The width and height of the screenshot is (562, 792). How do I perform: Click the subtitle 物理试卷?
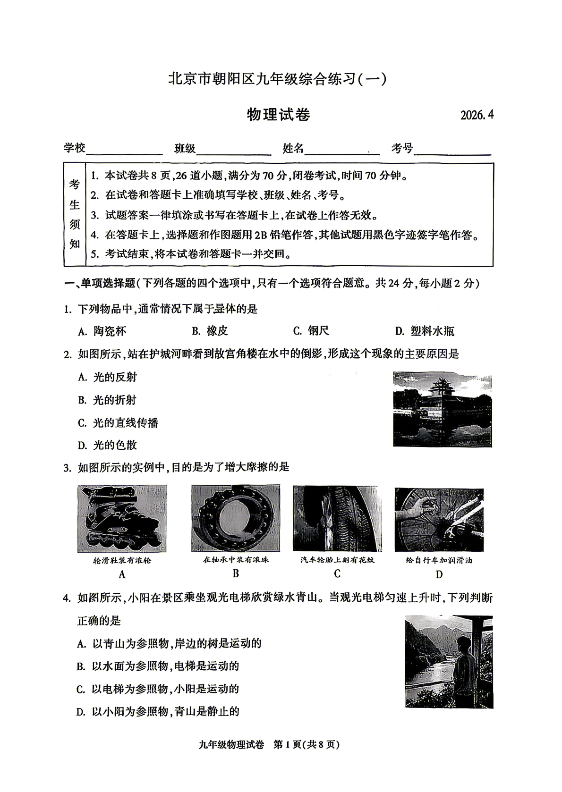[x=279, y=115]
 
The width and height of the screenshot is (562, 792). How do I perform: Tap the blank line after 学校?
[x=125, y=150]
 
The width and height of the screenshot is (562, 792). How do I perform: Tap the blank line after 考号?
[x=452, y=150]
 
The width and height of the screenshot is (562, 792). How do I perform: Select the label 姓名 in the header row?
[x=293, y=149]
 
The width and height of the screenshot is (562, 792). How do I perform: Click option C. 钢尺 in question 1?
[x=311, y=331]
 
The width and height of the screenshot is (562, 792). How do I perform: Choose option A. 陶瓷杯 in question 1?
[x=102, y=331]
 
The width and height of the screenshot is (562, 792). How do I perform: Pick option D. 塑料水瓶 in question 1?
[x=424, y=331]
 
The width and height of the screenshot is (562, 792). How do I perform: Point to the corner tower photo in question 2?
[x=442, y=409]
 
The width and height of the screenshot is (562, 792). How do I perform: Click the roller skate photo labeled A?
[x=122, y=518]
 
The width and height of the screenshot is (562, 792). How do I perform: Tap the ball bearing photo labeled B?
[x=235, y=518]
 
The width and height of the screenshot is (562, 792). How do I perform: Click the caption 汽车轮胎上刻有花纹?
[x=337, y=560]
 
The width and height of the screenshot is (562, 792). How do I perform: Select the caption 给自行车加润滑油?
[x=439, y=560]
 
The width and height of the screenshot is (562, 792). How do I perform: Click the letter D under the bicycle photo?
[x=439, y=574]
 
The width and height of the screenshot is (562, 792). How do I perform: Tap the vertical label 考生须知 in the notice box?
[x=75, y=214]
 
